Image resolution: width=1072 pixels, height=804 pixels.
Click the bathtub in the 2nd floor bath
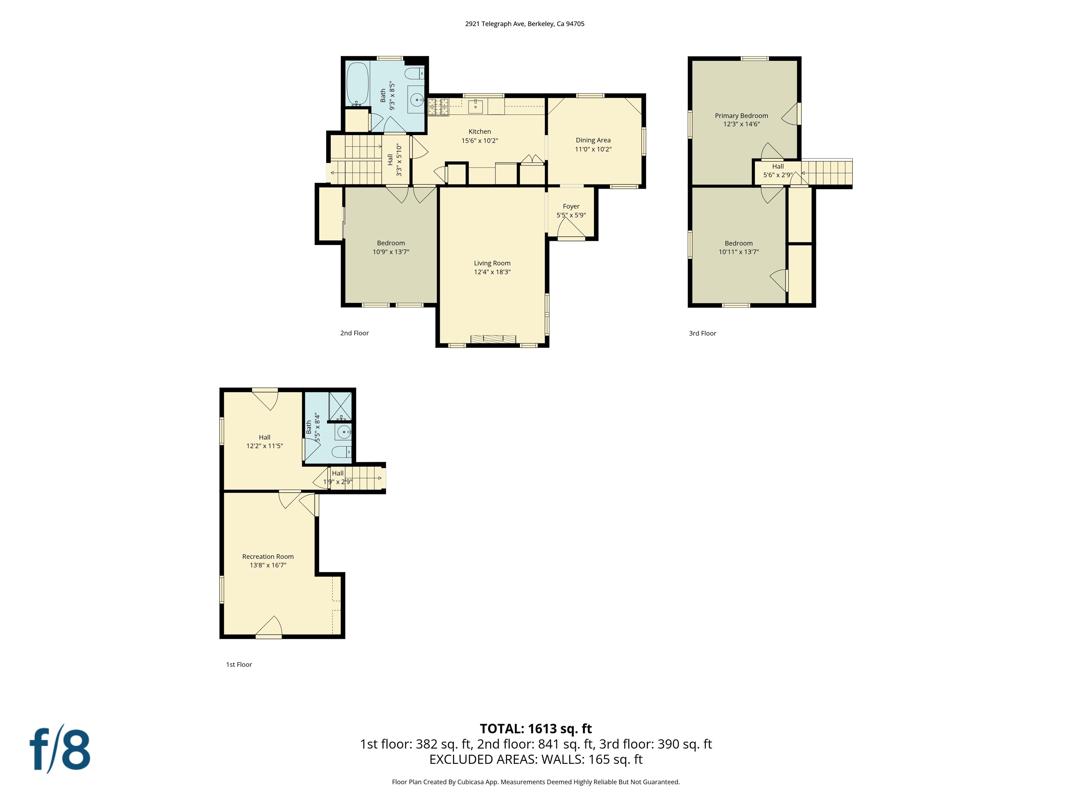coord(357,83)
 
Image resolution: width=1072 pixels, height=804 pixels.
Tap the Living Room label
coord(492,263)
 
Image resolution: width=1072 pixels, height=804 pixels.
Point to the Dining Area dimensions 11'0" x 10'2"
coord(593,149)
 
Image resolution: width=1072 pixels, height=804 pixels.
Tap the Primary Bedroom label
coord(741,116)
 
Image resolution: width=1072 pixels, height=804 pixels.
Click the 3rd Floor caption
coord(702,333)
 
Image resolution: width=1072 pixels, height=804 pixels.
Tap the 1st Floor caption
coord(239,664)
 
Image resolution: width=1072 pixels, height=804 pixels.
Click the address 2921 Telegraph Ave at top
coord(524,24)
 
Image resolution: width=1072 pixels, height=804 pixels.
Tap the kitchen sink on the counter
coord(475,106)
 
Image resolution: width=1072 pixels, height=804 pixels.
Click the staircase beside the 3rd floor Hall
coord(827,173)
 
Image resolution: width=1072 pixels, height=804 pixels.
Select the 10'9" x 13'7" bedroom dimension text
coord(390,252)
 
